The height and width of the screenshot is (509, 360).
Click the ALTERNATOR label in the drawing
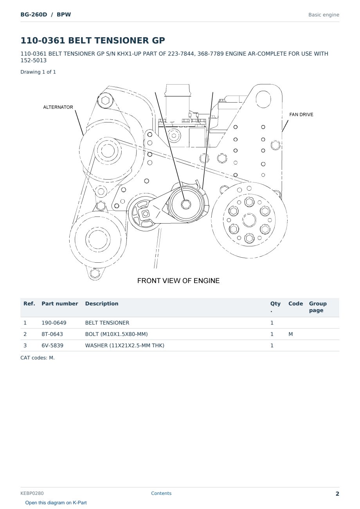(58, 107)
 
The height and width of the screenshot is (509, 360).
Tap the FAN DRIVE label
(301, 114)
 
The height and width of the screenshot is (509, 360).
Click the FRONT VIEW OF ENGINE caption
(178, 281)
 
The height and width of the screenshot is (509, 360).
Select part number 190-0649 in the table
(54, 323)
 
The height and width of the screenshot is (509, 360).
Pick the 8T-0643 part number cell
(52, 334)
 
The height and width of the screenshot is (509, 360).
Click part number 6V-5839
(52, 345)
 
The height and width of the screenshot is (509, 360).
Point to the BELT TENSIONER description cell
(107, 323)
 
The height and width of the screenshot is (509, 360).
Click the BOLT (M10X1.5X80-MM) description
(116, 334)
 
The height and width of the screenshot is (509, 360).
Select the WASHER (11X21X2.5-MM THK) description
(125, 345)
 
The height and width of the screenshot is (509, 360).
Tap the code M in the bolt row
(290, 334)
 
